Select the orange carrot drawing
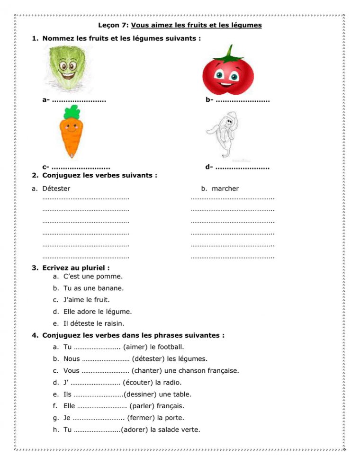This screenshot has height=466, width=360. click(x=71, y=135)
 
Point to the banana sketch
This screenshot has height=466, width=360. click(x=225, y=134)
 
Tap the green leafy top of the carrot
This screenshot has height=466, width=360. click(x=71, y=112)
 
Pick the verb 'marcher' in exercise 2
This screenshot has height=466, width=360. click(x=225, y=188)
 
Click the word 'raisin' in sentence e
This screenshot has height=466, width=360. click(x=113, y=324)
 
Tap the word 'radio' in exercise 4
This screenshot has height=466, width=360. click(x=171, y=382)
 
